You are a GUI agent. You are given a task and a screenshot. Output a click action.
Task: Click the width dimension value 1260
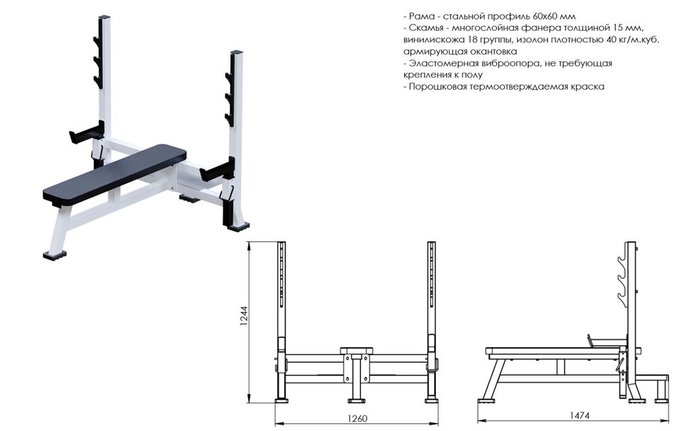pos(357,418)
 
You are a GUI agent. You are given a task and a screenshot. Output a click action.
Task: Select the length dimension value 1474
pos(580,415)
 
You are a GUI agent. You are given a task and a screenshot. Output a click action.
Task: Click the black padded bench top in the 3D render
pos(115,174)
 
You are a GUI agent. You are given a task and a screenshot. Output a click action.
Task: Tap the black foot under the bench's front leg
pos(55,255)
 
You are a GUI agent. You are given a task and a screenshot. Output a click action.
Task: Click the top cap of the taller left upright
pos(105,17)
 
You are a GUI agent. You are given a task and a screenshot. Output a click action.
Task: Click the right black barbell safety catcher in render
pos(218,170)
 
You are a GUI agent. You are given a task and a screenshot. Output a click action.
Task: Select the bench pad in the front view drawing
pos(356,350)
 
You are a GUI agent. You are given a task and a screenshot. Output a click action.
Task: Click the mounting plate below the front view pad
pos(356,368)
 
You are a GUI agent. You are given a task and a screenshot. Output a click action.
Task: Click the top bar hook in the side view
pos(622,261)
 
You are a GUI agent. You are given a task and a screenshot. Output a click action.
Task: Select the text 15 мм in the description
pos(628,28)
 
